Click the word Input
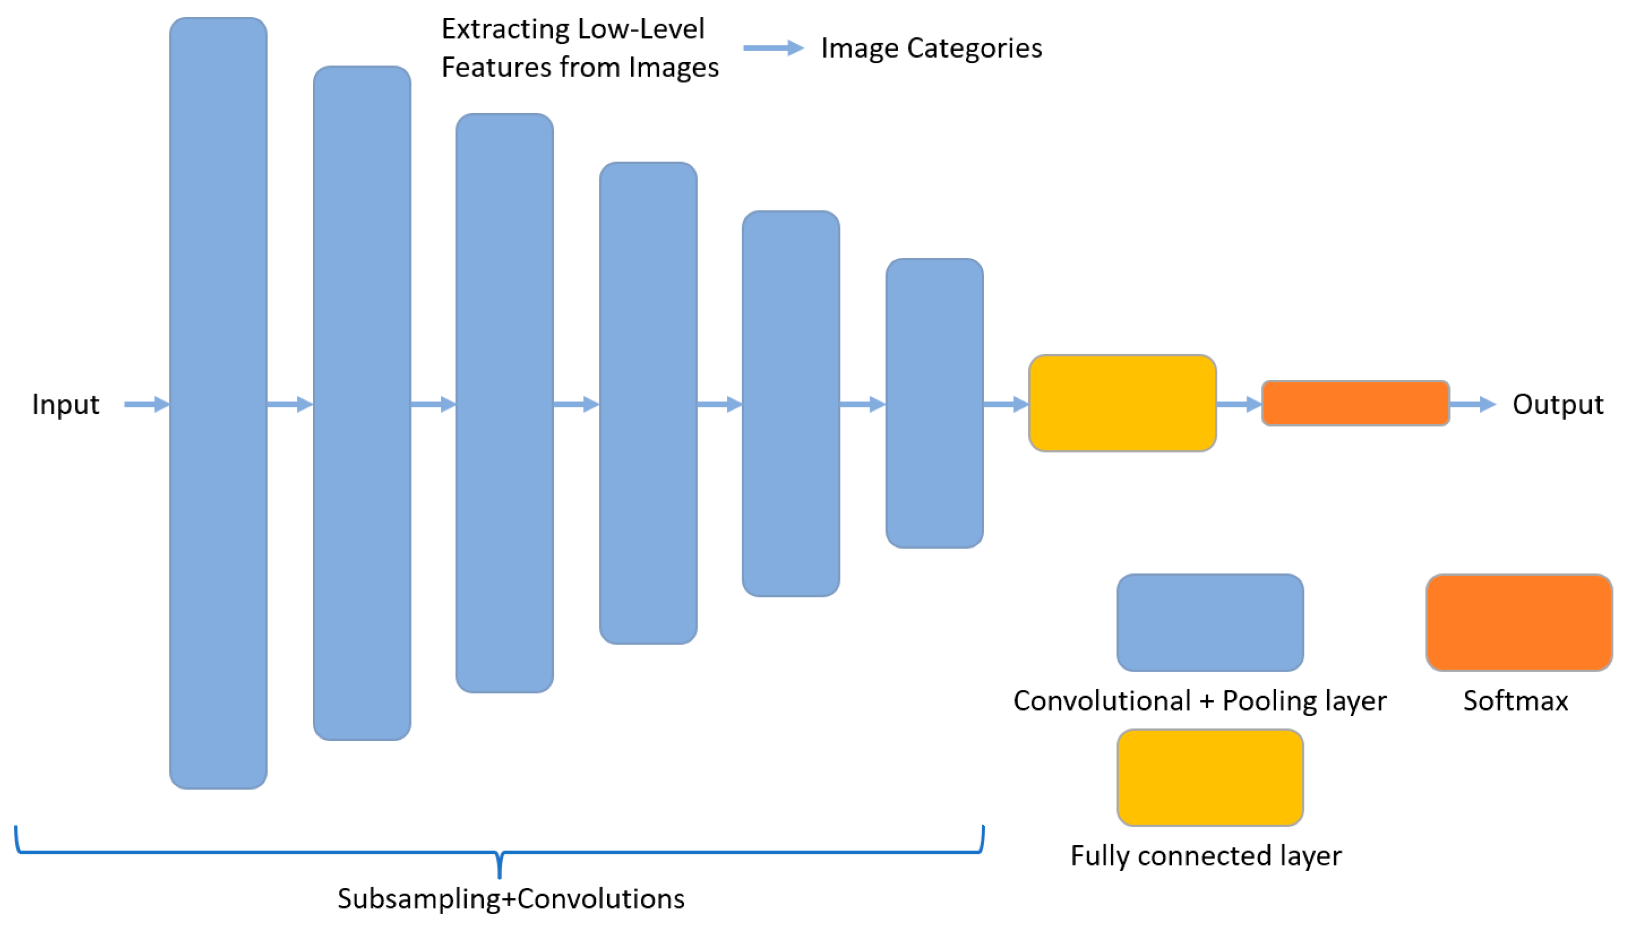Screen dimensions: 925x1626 [65, 404]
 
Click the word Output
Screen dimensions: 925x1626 [1557, 404]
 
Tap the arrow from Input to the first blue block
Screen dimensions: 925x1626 [146, 403]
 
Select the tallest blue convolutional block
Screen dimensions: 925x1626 [218, 403]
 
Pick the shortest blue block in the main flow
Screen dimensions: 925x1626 [934, 403]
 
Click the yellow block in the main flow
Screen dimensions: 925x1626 [1122, 403]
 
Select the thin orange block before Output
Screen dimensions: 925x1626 [1355, 403]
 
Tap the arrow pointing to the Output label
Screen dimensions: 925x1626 [1473, 403]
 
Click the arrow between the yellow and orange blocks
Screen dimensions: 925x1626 [1239, 403]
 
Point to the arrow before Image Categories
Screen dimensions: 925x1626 [773, 47]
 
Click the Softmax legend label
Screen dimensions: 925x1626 [1515, 701]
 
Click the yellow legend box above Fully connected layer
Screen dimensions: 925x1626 [1210, 777]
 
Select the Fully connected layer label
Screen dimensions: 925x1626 [1206, 856]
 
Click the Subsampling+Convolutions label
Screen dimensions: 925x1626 [511, 899]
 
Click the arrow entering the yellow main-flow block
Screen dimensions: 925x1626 [1006, 403]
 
